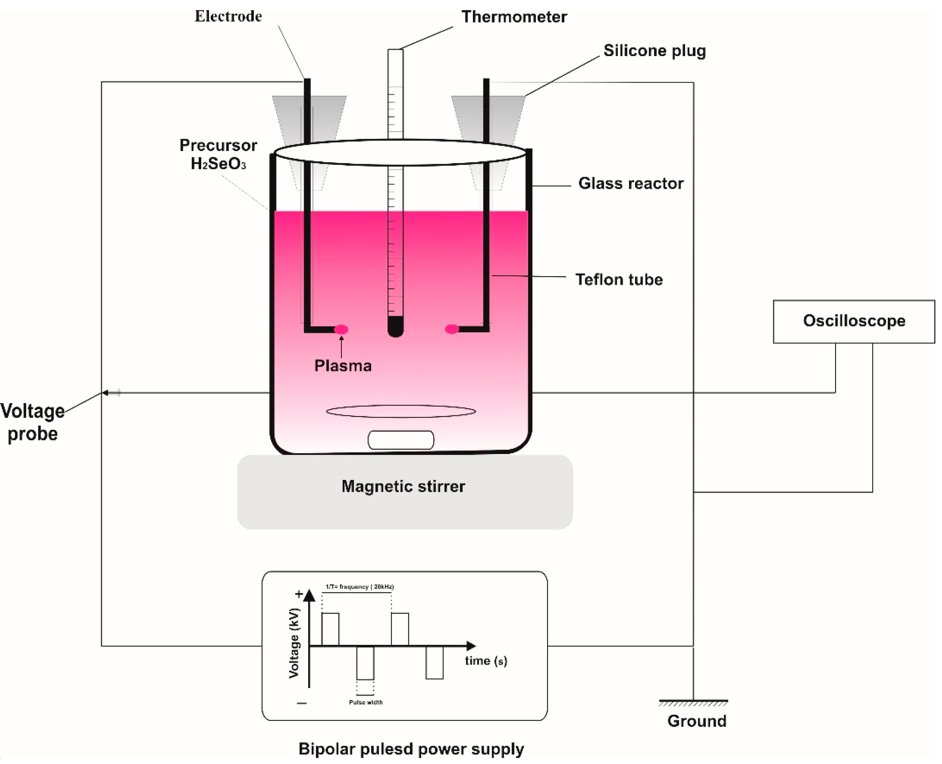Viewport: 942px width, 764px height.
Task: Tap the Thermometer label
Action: (x=514, y=17)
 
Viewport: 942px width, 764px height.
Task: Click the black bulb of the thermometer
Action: (x=395, y=326)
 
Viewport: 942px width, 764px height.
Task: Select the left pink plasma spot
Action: (x=341, y=329)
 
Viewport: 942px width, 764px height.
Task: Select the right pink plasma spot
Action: (x=452, y=329)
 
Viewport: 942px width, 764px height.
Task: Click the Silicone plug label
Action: (x=654, y=51)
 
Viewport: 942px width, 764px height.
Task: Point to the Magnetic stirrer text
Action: (x=403, y=486)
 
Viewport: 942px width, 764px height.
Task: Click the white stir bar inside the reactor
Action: (x=401, y=440)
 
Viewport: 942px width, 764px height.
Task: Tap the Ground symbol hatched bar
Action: (x=693, y=703)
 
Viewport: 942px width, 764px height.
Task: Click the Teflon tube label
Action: (x=618, y=280)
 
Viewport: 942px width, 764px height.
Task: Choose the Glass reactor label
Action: (x=630, y=183)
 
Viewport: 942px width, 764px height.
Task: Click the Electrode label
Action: (x=228, y=16)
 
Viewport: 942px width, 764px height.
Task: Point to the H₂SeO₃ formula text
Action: (x=218, y=164)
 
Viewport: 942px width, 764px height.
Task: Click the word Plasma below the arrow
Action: (x=343, y=366)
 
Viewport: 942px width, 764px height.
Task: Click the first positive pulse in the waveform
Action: (x=330, y=629)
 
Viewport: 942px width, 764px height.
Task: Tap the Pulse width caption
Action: (x=365, y=702)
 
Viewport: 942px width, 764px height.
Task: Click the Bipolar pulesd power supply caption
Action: (x=411, y=749)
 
